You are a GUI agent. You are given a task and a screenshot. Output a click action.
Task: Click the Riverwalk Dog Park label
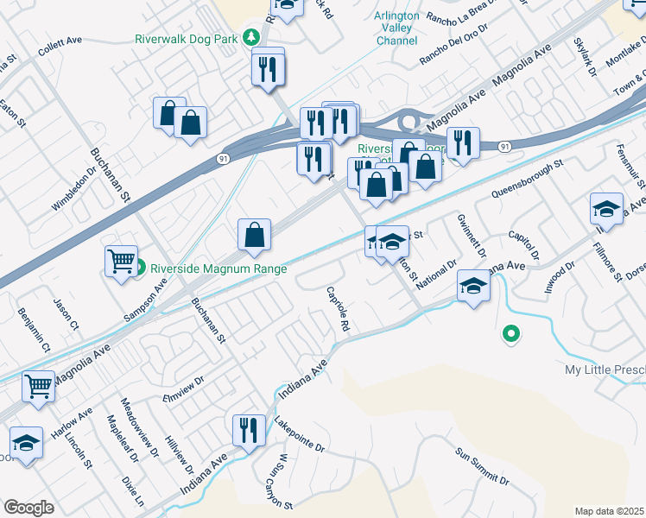[186, 39]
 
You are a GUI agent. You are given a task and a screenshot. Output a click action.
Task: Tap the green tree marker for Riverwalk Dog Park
[251, 37]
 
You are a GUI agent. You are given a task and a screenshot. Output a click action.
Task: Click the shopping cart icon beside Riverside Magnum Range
[121, 260]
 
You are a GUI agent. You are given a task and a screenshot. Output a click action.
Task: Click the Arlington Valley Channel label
[397, 28]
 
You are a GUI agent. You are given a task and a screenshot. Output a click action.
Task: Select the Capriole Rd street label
[338, 309]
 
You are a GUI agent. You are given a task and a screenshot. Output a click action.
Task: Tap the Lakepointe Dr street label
[299, 436]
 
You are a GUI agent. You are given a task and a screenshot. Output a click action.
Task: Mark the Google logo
[28, 508]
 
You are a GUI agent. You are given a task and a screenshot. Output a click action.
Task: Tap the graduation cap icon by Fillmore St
[607, 209]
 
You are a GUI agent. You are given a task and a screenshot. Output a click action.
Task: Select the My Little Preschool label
[605, 370]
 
